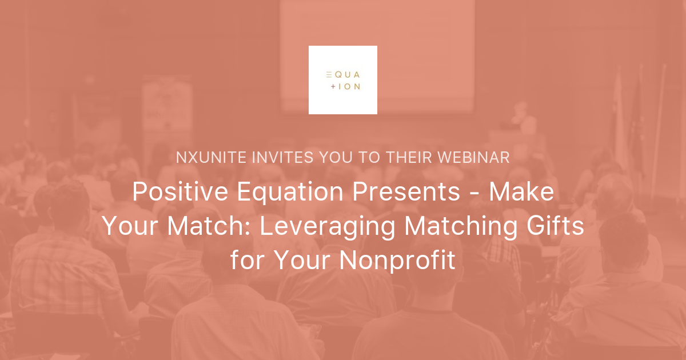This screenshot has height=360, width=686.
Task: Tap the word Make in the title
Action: pos(521,193)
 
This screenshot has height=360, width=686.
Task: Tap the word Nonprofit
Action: pos(397,261)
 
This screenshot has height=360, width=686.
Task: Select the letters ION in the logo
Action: pos(349,87)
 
